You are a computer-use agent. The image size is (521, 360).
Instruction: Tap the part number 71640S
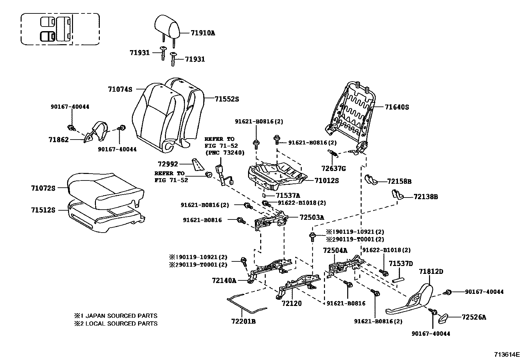click(x=397, y=107)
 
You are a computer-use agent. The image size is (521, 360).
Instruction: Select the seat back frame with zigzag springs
click(x=353, y=111)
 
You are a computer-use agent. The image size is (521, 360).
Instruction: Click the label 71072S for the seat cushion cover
click(x=43, y=188)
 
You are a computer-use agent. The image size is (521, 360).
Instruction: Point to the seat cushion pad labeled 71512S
click(x=105, y=218)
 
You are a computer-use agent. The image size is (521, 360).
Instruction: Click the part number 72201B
click(x=243, y=321)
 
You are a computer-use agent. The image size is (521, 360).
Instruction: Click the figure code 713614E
click(x=507, y=354)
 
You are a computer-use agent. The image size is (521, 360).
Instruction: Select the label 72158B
click(x=399, y=181)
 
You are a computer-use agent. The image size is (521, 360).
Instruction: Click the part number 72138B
click(x=425, y=197)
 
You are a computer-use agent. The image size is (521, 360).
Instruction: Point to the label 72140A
click(x=224, y=280)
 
